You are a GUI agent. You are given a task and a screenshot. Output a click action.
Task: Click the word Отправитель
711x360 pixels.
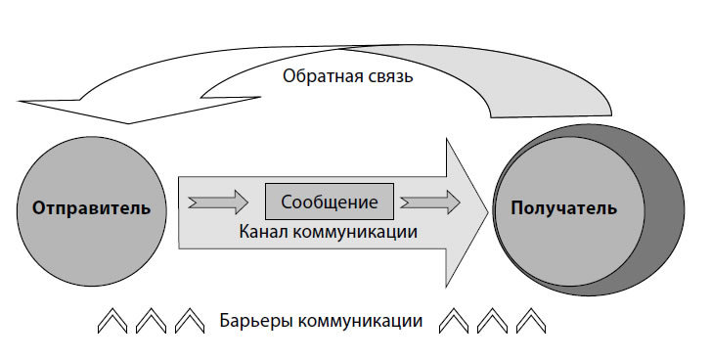(91, 208)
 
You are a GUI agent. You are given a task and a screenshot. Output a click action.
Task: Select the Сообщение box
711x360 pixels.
(330, 202)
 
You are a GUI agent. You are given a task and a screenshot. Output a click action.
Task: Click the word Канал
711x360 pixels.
(266, 233)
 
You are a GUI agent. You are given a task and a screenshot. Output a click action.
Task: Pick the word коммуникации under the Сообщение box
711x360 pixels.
(357, 233)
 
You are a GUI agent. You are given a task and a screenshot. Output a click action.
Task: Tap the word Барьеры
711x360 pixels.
(256, 320)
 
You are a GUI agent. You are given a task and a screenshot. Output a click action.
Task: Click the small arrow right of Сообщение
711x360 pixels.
(429, 202)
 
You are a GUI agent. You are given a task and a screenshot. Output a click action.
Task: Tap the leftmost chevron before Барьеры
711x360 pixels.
(113, 320)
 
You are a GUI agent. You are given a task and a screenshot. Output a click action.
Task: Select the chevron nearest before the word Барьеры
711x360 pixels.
(188, 320)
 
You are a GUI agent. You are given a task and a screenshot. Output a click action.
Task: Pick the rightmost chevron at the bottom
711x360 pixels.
(529, 320)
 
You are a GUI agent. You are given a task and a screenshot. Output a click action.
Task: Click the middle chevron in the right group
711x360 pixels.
(492, 320)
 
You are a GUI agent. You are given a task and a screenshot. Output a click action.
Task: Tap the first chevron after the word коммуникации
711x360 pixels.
(455, 320)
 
